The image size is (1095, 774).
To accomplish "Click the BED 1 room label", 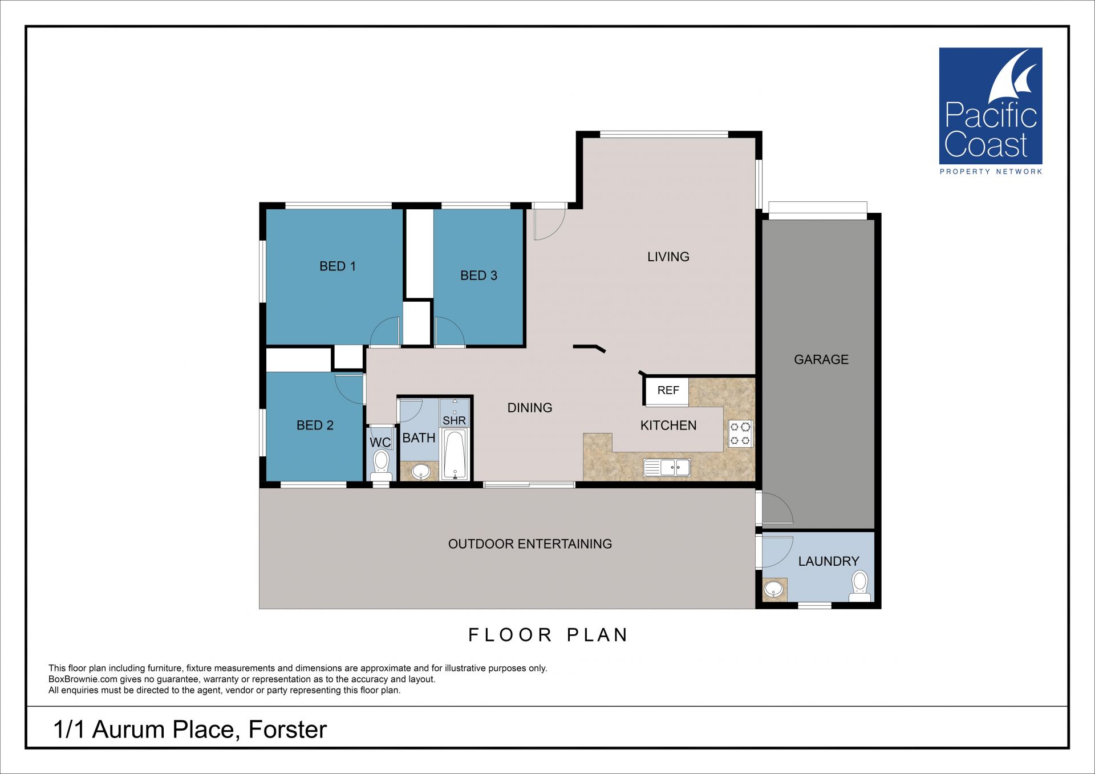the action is click(338, 266).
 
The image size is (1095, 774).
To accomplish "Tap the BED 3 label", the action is click(478, 275).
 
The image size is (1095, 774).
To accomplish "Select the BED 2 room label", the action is click(315, 425).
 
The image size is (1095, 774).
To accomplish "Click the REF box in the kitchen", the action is click(667, 391).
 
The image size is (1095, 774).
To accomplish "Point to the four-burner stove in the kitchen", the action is click(740, 433).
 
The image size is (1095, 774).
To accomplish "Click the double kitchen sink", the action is click(667, 467).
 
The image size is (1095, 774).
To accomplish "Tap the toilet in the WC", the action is click(380, 465).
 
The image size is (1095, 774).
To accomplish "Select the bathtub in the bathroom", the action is click(455, 455).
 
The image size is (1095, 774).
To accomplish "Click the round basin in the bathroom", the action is click(421, 471).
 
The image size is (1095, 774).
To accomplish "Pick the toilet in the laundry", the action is click(859, 586).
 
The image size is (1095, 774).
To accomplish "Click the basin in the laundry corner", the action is click(773, 589).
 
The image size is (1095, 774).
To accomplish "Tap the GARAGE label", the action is click(821, 359).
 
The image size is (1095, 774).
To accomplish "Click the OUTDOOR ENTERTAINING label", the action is click(530, 544).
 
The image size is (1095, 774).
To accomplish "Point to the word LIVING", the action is click(668, 257).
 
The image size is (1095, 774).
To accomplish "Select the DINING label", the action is click(530, 408).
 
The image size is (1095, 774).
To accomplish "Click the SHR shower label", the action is click(455, 420).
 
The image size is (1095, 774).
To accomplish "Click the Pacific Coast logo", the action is click(991, 111).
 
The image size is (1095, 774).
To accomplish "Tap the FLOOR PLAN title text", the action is click(548, 635).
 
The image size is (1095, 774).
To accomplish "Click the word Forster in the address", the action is click(287, 730).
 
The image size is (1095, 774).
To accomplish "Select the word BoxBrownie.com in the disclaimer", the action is click(83, 679).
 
